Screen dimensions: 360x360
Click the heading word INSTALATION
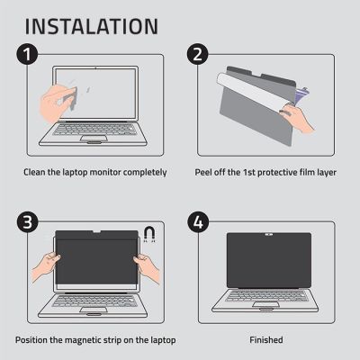(88, 24)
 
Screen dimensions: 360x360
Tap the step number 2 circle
(197, 58)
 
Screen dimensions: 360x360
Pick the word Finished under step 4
(265, 339)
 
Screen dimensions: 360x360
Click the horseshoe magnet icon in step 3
(149, 236)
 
